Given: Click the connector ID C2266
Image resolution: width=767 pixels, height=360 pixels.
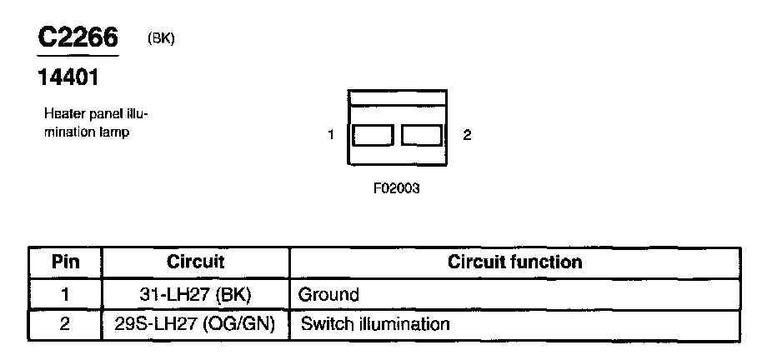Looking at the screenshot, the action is coord(78,38).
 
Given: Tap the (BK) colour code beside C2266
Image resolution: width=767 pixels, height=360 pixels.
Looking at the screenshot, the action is coord(160,39).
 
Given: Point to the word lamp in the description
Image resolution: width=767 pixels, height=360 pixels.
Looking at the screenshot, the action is coord(114,132).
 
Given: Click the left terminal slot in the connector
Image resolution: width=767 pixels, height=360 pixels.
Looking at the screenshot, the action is coord(372,135).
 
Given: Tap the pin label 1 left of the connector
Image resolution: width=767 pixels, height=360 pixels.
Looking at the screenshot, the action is coord(331,135).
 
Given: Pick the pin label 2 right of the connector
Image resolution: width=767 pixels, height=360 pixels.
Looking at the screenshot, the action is coord(467,135).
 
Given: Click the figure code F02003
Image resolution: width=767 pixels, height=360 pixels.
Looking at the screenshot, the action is coord(396,188).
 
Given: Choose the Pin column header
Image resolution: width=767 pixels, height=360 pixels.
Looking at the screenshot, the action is coord(65,262).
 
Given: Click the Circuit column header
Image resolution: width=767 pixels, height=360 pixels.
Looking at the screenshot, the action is coord(196,262).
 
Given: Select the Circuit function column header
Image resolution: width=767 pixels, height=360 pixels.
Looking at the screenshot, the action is coord(514,262).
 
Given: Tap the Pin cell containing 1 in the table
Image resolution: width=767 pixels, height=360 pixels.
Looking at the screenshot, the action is coord(65,294).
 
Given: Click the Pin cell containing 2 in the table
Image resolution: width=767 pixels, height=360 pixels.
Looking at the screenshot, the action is coord(65,324).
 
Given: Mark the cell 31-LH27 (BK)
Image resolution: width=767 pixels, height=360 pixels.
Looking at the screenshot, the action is coord(196,294).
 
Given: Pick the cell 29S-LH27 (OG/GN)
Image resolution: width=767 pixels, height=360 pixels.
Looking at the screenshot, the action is coord(196,324).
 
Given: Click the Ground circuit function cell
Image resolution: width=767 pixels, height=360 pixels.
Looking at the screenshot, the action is coord(328,294).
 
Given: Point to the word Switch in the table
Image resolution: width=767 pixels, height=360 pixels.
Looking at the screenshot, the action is coord(323,324).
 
